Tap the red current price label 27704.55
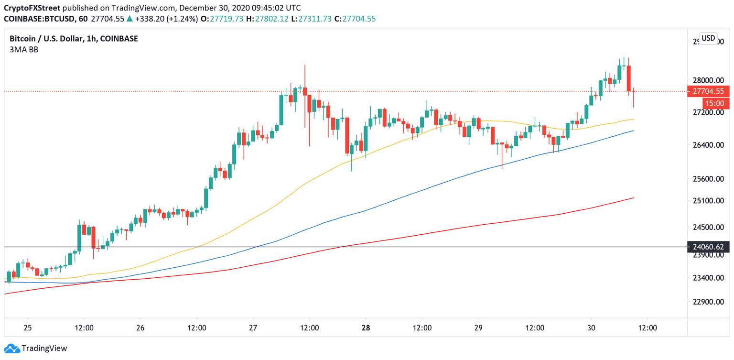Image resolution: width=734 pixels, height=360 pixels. point(708,91)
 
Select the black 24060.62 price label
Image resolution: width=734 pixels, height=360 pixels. point(708,247)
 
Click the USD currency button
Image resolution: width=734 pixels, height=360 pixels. point(708,38)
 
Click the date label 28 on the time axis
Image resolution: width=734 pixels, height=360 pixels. point(366,328)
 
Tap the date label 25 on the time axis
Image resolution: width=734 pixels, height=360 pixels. point(28,328)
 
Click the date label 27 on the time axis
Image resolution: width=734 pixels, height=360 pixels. point(253,328)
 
